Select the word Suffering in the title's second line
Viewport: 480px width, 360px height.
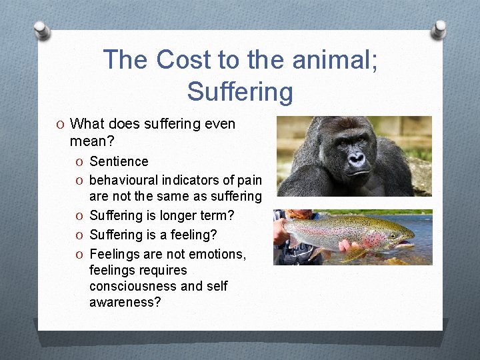[x=240, y=91]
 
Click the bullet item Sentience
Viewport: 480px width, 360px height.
[x=119, y=161]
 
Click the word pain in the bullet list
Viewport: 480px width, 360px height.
[x=247, y=180]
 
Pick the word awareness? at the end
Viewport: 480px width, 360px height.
[x=125, y=302]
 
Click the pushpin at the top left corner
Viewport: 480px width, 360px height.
[x=42, y=30]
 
